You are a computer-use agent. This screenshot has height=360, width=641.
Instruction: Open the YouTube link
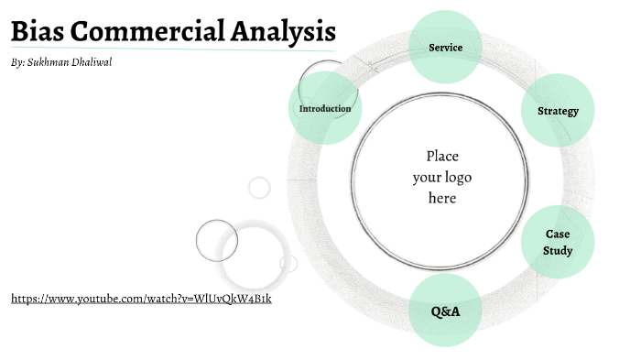[x=141, y=299]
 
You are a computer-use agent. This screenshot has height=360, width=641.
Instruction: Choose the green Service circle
[x=445, y=48]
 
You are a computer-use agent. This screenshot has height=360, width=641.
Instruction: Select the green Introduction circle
[x=325, y=108]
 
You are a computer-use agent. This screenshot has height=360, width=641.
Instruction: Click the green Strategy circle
[x=558, y=111]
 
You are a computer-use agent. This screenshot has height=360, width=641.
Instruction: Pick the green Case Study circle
[x=558, y=242]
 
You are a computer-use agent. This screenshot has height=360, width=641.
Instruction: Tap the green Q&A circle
[x=445, y=311]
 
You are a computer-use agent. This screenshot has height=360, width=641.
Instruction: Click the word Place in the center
[x=442, y=156]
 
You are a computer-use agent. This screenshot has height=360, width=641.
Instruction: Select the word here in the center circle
[x=442, y=198]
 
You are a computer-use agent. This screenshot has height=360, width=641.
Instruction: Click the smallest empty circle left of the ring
[x=260, y=188]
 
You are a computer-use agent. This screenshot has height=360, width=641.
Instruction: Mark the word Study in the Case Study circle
[x=558, y=250]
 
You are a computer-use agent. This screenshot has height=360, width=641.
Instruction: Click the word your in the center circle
[x=426, y=177]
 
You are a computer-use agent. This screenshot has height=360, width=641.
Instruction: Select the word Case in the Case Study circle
[x=558, y=234]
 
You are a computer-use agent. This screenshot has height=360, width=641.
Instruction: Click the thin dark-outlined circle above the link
[x=217, y=241]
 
